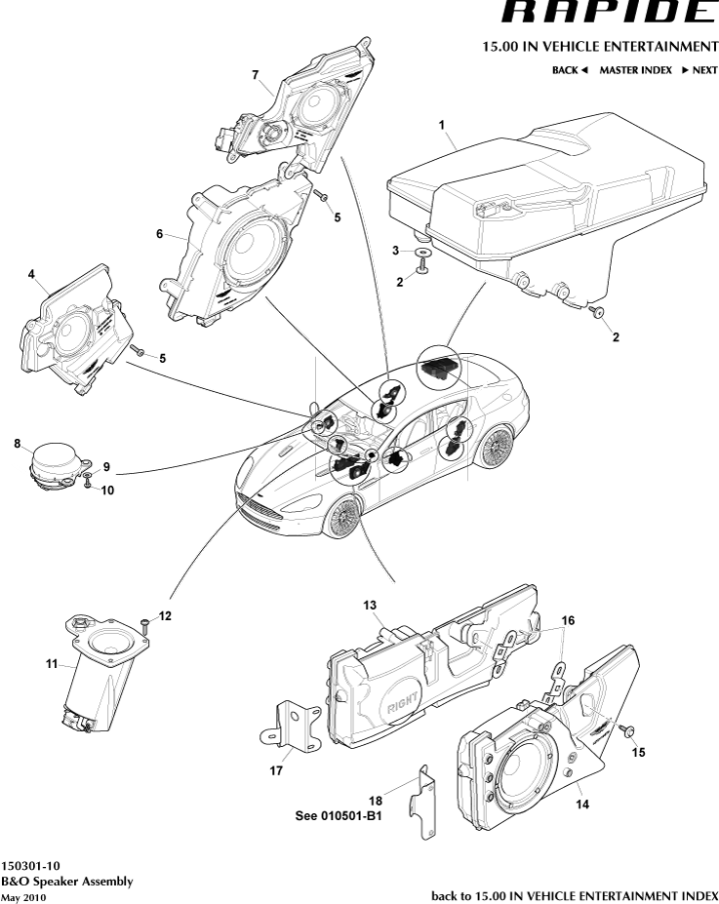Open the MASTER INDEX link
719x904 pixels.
635,70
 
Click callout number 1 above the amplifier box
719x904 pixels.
442,125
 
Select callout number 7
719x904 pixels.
255,75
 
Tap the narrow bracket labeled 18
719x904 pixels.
426,802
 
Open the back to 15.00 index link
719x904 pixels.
574,894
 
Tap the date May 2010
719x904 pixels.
23,896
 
